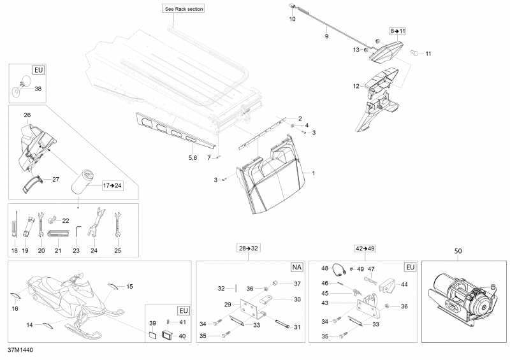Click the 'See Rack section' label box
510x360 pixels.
click(184, 9)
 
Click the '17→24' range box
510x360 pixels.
click(111, 186)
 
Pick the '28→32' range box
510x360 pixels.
click(250, 247)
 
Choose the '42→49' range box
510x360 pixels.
click(365, 247)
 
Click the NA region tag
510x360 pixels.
click(296, 267)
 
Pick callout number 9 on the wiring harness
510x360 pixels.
click(326, 37)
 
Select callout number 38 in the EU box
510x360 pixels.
click(38, 89)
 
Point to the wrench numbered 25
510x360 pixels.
click(117, 224)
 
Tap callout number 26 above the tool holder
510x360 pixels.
click(27, 115)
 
